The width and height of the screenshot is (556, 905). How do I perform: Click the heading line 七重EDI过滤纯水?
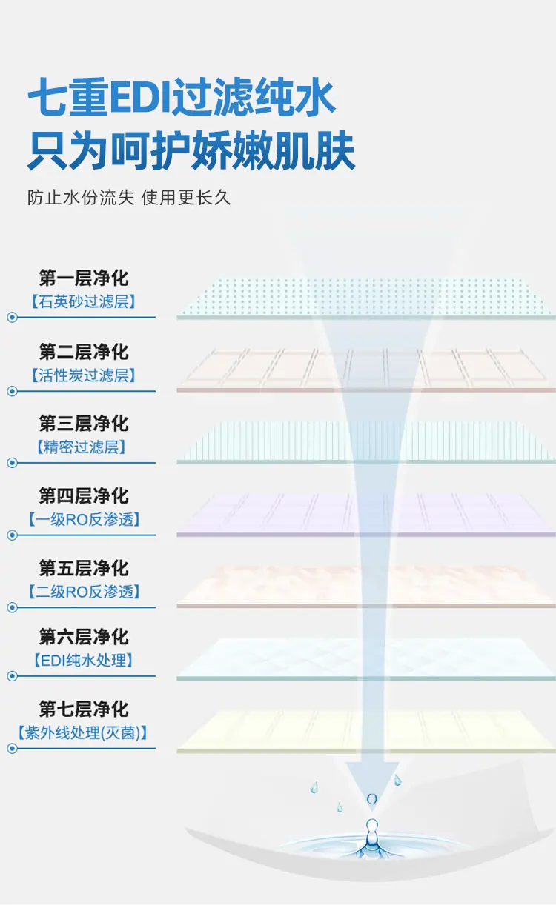[181, 97]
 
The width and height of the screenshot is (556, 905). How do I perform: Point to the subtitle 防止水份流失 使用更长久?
[129, 198]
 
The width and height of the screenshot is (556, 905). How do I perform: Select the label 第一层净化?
[84, 278]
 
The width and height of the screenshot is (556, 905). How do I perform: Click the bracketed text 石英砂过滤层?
[84, 301]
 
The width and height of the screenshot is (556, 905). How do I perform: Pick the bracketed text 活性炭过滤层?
[84, 375]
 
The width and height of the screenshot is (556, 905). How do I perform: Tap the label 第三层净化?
[84, 424]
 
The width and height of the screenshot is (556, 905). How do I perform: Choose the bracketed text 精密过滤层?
[82, 447]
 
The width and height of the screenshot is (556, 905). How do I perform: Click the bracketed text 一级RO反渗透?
[85, 519]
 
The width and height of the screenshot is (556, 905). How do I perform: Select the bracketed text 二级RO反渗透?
[85, 592]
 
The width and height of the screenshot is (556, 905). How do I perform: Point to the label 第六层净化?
[84, 637]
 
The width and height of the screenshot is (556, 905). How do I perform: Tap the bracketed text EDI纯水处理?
[84, 660]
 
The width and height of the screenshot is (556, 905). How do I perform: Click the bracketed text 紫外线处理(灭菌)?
[82, 732]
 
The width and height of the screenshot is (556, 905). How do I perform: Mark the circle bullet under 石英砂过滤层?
[12, 318]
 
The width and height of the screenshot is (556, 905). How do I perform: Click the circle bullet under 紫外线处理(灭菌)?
[12, 749]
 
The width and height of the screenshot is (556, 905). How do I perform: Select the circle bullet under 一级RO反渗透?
[12, 535]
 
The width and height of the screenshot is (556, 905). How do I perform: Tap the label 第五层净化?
[84, 568]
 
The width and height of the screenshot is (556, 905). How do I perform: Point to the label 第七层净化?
[84, 709]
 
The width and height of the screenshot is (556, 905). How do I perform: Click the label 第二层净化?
[84, 352]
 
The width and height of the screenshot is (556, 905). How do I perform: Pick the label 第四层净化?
[84, 495]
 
